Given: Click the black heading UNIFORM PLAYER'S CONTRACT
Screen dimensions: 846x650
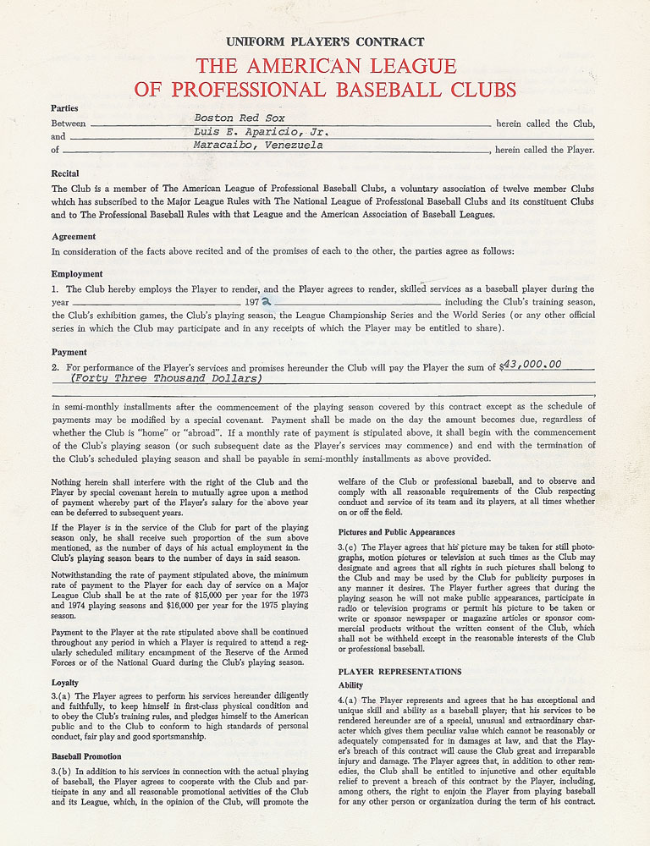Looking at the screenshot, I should [325, 41].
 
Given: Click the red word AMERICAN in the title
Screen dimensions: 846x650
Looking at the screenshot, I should [325, 66].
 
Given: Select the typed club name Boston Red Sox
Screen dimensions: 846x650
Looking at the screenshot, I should [240, 118].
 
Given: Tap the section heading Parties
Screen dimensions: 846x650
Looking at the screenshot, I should [64, 108].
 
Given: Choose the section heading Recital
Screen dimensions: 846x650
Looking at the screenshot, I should [66, 173].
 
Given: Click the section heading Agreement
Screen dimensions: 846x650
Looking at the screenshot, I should [74, 237].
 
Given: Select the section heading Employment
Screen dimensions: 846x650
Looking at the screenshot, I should [77, 274].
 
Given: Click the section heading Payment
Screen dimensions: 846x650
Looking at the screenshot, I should [69, 352].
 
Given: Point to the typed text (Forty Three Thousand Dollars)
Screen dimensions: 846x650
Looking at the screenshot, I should [166, 378].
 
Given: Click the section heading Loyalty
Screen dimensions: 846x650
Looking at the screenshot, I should [66, 682].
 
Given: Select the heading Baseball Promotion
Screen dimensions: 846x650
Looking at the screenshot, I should [86, 756].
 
